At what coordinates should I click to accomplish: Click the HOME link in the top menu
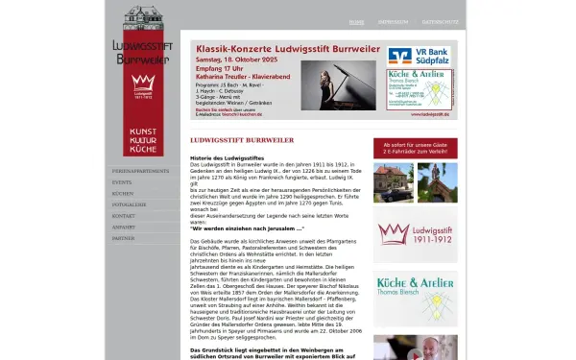(356, 21)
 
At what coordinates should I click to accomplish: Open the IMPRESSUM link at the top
(393, 21)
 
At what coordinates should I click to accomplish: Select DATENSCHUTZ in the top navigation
(441, 21)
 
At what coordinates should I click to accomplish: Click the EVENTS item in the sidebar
(122, 181)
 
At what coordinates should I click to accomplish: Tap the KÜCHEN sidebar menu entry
(123, 193)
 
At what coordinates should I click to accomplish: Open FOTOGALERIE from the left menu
(130, 204)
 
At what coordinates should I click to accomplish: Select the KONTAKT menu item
(124, 216)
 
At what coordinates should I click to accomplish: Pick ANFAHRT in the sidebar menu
(124, 228)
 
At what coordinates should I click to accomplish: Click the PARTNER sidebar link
(123, 239)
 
